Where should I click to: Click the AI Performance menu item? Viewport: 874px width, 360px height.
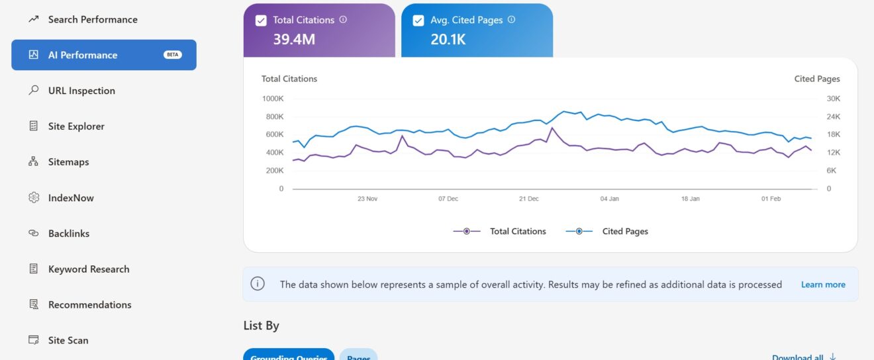[x=83, y=55]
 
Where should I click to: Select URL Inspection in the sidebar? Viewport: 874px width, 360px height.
[x=81, y=91]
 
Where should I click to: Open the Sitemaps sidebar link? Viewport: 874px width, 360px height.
[x=68, y=162]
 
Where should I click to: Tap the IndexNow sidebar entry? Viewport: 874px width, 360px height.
[x=71, y=198]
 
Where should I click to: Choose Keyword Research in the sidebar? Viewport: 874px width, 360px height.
[x=89, y=269]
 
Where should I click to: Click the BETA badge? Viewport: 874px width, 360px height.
[x=173, y=55]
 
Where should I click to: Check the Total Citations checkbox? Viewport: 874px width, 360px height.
[x=261, y=21]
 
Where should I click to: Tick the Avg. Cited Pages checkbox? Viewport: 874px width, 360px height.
[x=418, y=21]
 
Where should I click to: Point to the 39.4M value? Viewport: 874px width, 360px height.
[x=294, y=39]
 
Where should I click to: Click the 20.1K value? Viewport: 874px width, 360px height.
[x=448, y=39]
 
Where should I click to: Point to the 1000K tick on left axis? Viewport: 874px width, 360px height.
[x=273, y=99]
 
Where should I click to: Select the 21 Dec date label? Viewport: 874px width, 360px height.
[x=529, y=199]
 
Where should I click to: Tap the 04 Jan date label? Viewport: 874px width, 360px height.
[x=609, y=199]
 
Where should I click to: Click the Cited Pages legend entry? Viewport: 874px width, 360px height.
[x=624, y=232]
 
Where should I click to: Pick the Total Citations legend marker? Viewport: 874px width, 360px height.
[x=467, y=232]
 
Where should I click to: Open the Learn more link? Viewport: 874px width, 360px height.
[x=823, y=285]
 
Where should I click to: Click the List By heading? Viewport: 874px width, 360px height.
[x=262, y=326]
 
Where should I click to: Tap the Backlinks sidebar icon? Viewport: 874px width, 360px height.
[x=34, y=234]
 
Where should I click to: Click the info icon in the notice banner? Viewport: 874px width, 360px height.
[x=258, y=284]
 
